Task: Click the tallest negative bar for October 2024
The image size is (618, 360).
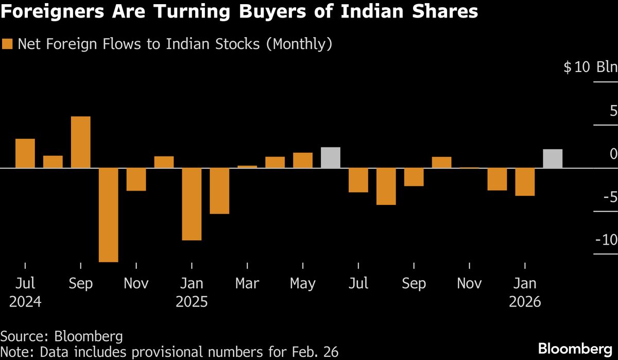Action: point(108,215)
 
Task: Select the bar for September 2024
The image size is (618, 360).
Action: point(80,142)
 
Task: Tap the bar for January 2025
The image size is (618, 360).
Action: point(192,204)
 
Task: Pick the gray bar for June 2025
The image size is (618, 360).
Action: point(331,158)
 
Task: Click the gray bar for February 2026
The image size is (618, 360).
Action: point(553,159)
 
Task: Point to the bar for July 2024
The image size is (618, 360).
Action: point(25,153)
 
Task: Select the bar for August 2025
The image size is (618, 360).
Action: point(386,186)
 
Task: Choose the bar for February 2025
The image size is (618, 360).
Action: point(219,191)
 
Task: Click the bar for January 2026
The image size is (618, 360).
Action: point(525,182)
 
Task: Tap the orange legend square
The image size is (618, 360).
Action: point(7,44)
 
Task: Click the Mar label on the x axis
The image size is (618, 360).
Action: point(248,283)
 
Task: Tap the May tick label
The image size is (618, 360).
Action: point(303,283)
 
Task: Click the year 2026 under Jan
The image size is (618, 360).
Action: point(525,301)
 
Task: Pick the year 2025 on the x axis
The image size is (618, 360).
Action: point(192,301)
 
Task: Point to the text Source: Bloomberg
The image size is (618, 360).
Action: point(61,337)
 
